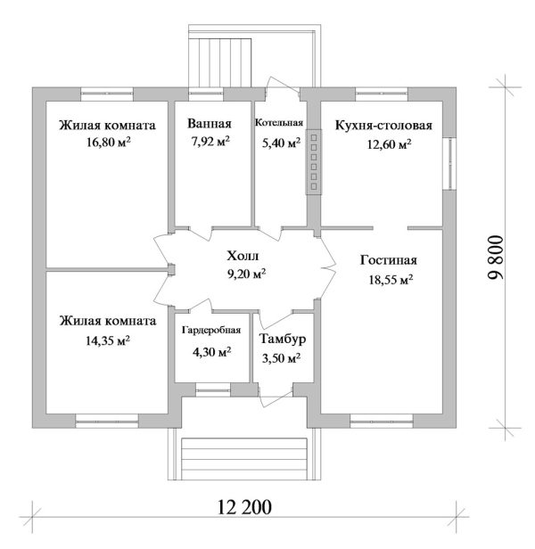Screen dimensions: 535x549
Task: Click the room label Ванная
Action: [210, 124]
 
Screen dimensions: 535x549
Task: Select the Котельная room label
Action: [279, 123]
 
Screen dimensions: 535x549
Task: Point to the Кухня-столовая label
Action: [383, 126]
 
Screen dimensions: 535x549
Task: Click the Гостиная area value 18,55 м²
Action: [391, 280]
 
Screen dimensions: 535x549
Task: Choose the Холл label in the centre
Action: [243, 256]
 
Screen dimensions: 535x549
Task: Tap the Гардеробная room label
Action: [211, 331]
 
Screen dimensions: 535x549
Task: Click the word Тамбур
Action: [283, 339]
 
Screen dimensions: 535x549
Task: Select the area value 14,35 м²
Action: [108, 340]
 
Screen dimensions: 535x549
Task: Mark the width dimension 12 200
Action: [244, 506]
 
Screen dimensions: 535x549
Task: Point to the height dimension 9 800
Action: [496, 257]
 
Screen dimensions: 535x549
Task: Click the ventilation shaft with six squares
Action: [314, 162]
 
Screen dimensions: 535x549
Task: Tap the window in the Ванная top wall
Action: [206, 94]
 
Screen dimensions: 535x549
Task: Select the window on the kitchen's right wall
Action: [449, 164]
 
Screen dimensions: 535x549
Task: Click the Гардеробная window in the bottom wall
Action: [213, 389]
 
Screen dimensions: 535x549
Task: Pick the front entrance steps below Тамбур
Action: [244, 458]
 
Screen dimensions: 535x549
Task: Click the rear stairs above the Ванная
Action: [220, 62]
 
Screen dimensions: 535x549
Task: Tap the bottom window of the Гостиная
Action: [382, 421]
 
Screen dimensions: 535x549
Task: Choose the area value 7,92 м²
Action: [210, 141]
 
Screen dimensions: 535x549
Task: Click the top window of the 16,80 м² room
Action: [107, 94]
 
